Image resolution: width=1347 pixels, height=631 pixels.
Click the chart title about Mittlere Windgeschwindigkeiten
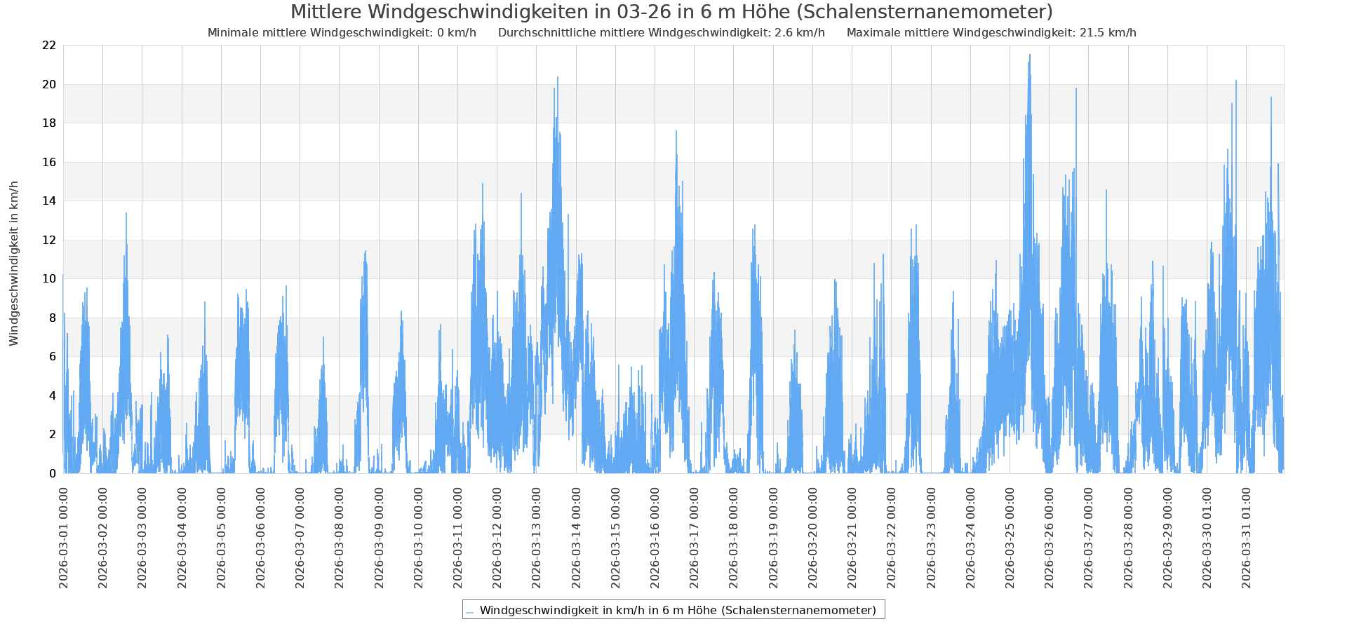tap(671, 12)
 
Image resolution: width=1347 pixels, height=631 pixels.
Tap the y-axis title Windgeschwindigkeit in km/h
tap(14, 263)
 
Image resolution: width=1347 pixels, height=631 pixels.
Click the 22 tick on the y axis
tap(49, 46)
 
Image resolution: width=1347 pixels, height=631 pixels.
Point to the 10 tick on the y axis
tap(49, 279)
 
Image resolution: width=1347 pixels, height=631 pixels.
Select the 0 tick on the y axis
tap(53, 473)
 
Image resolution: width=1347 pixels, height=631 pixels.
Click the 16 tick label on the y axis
tap(49, 162)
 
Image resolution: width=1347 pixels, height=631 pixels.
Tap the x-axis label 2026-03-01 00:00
tap(64, 538)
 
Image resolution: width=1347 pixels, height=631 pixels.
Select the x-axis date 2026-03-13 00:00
tap(537, 538)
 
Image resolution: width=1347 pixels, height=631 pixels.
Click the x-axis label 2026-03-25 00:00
tap(1010, 538)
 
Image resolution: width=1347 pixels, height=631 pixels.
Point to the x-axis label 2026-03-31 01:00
tap(1247, 538)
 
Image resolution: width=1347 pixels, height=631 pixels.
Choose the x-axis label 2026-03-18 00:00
tap(735, 538)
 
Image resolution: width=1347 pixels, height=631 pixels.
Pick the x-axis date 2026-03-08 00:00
tap(340, 538)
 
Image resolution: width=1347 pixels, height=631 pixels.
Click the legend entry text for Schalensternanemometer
tap(678, 610)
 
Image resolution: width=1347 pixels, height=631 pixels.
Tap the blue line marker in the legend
tap(469, 611)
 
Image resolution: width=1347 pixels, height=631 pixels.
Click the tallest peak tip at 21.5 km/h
tap(1030, 55)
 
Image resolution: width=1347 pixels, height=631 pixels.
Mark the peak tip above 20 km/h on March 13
tap(558, 77)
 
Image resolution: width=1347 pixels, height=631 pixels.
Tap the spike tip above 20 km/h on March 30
tap(1236, 81)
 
